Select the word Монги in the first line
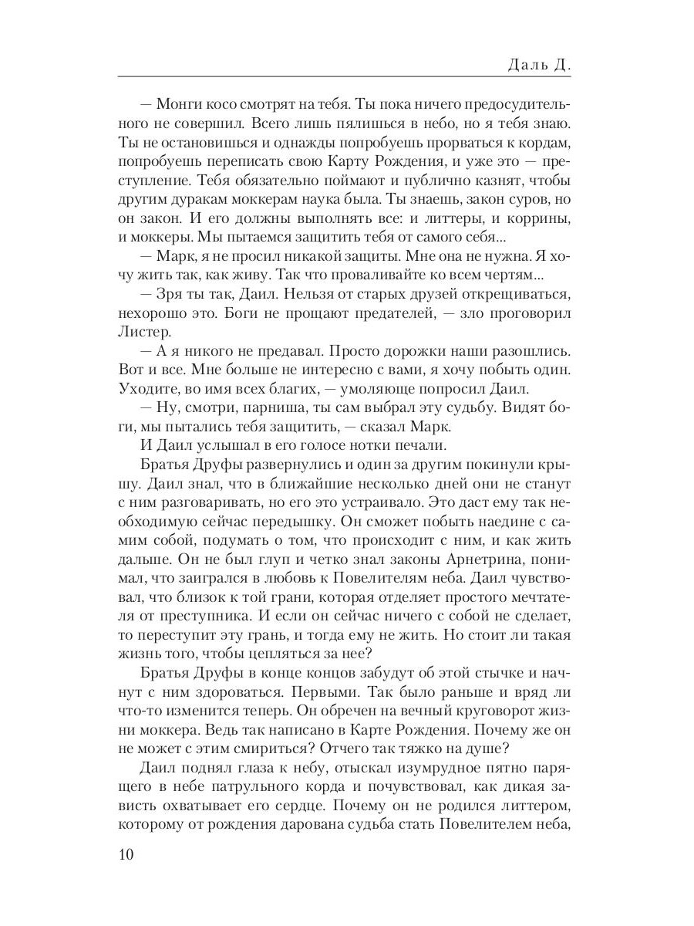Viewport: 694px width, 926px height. click(179, 103)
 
